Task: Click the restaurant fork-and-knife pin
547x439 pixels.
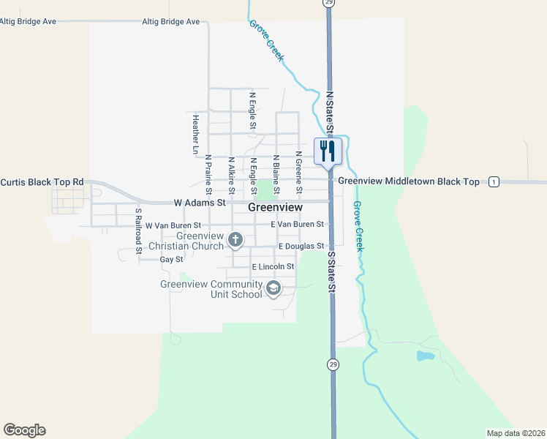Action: click(326, 151)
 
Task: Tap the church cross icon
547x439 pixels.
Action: click(235, 239)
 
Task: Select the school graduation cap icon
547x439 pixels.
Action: click(273, 288)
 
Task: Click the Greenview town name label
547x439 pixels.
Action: click(276, 207)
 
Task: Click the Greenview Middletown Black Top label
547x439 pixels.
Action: click(409, 181)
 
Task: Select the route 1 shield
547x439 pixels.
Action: click(494, 181)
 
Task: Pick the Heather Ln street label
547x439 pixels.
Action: click(196, 135)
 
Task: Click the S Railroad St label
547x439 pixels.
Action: click(137, 230)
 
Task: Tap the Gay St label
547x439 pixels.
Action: click(171, 260)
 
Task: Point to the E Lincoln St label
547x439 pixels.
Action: click(273, 267)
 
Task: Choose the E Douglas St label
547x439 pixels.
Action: click(300, 247)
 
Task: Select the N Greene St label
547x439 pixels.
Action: click(299, 169)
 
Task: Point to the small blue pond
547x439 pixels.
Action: click(424, 356)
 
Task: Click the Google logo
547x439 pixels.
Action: click(24, 430)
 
